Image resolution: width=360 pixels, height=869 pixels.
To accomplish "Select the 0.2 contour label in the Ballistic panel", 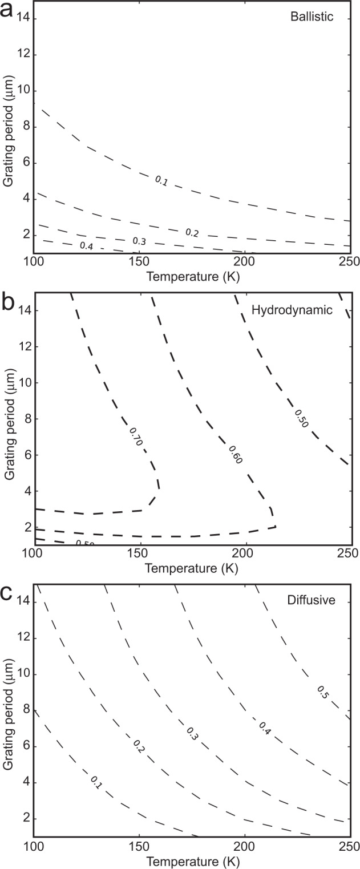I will pos(192,232).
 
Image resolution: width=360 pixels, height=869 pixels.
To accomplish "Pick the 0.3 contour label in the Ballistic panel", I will pos(139,241).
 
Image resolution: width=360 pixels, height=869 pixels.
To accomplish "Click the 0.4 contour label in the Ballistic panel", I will pos(87,246).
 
